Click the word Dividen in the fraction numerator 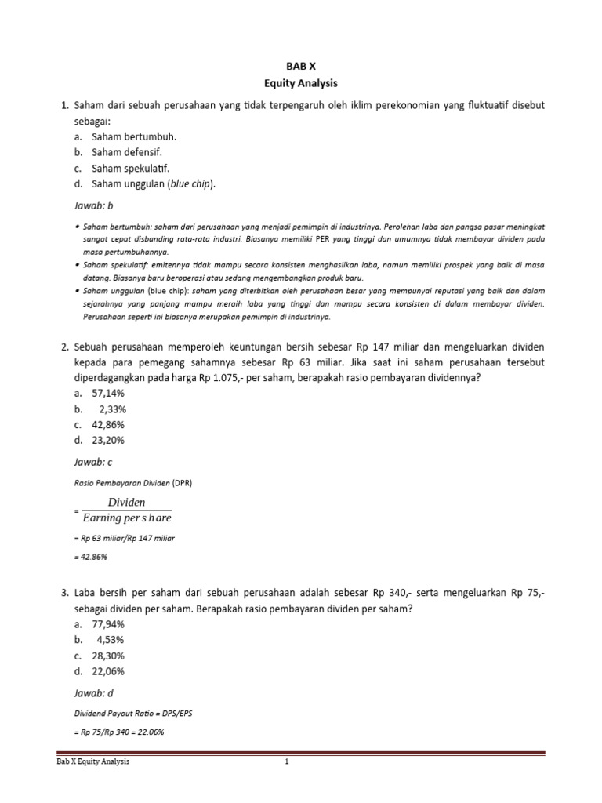point(126,503)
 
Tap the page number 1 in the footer point(288,761)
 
